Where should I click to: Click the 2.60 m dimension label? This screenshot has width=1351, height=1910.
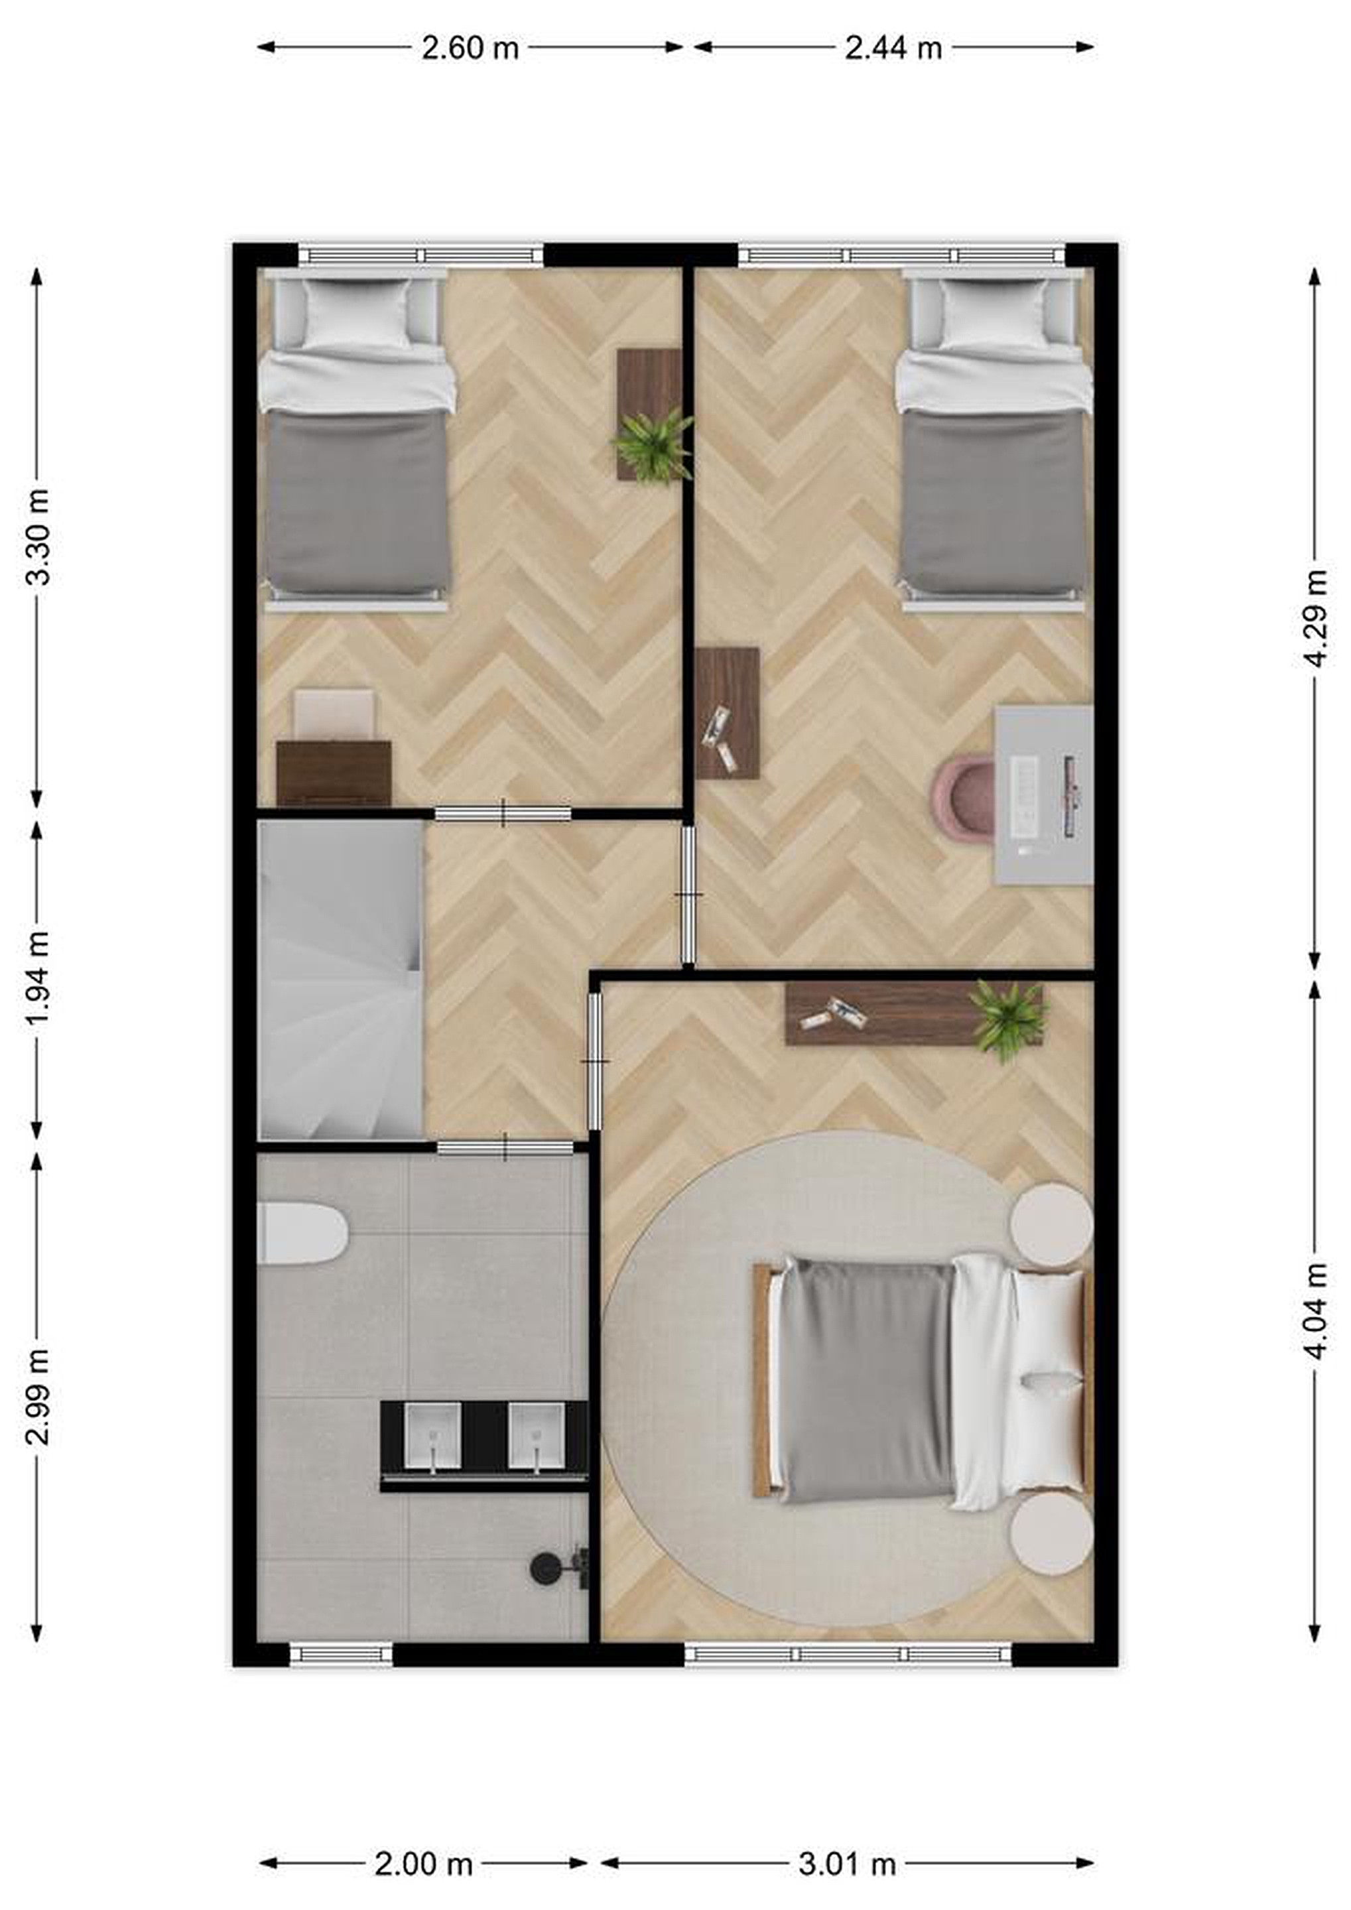coord(470,48)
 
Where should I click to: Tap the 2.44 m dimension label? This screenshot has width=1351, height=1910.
coord(893,48)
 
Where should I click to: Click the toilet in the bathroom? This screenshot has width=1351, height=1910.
coord(302,1233)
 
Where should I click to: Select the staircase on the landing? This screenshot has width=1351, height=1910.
coord(341,980)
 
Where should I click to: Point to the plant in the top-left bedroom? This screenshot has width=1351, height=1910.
coord(654,444)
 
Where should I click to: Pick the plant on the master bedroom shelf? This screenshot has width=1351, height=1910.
coord(1011,1020)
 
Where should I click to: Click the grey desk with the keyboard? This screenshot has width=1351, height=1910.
coord(1045,795)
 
